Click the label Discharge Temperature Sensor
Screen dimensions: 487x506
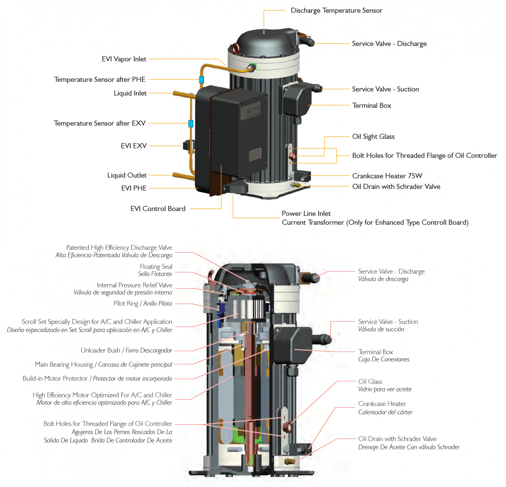(336, 11)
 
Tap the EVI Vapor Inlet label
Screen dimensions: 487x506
(124, 59)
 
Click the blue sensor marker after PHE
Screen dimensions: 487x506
(202, 80)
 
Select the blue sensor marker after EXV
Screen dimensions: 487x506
(191, 123)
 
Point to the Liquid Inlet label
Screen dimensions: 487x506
(130, 93)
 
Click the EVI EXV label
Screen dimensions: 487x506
(134, 146)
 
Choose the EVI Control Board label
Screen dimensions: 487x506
(158, 209)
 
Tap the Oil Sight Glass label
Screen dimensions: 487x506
(373, 137)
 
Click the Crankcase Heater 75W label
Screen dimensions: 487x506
(387, 176)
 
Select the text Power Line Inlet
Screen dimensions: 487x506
(306, 214)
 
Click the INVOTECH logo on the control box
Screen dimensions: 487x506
(253, 110)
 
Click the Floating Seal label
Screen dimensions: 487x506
(156, 266)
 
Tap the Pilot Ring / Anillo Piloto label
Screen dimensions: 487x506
(143, 303)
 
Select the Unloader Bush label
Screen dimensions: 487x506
(100, 350)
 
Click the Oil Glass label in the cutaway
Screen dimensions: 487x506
(370, 382)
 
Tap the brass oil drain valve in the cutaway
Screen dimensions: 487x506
(290, 462)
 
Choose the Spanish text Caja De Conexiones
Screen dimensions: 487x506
(384, 360)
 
